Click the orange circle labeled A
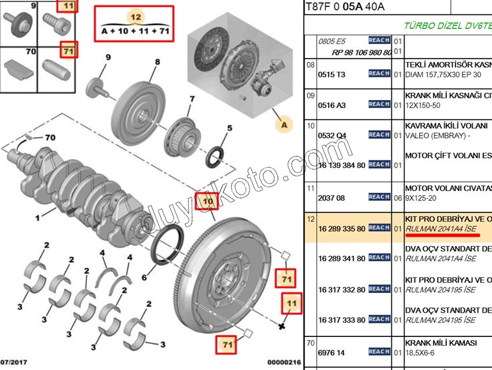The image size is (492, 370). click(283, 124)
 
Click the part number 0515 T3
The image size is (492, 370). click(332, 74)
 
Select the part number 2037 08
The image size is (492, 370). click(332, 198)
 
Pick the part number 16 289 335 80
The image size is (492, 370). click(342, 229)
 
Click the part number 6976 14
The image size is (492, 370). click(332, 352)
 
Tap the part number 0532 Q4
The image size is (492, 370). click(332, 135)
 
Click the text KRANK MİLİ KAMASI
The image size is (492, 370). click(441, 343)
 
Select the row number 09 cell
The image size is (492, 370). click(311, 96)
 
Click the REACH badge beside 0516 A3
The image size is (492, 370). click(379, 104)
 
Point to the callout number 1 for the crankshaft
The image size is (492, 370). click(37, 218)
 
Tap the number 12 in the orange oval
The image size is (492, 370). click(135, 17)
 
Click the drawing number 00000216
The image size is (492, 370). click(284, 363)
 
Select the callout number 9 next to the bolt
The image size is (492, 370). click(108, 57)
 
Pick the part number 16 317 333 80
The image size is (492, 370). click(342, 320)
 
